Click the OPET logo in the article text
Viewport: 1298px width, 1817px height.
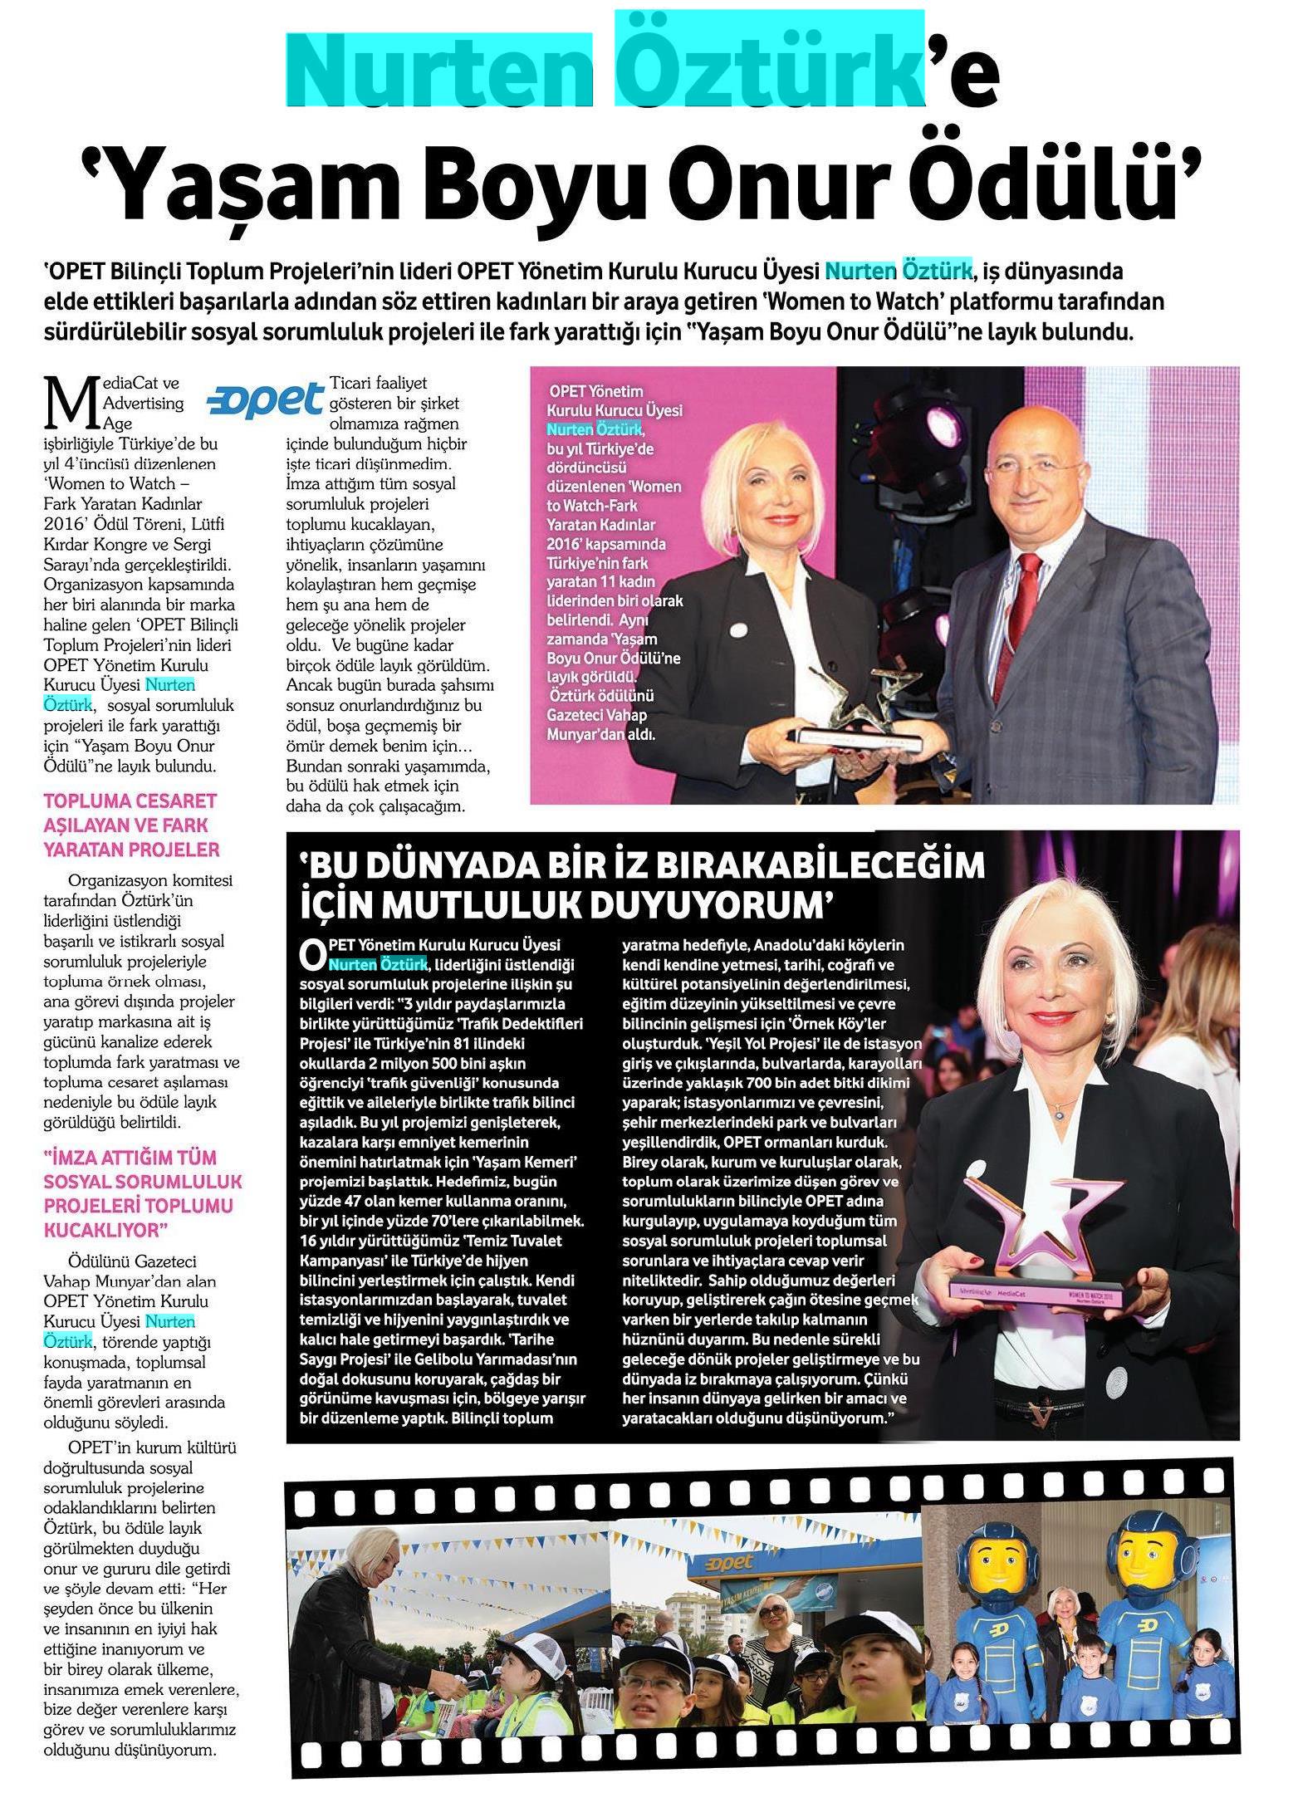265,399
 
